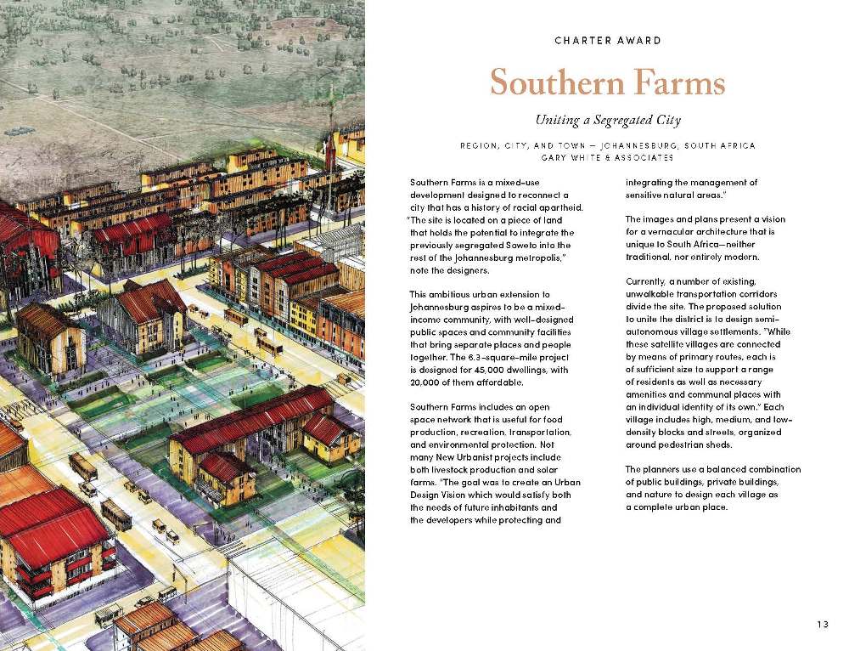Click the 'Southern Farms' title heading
click(607, 83)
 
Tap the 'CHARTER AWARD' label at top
click(607, 40)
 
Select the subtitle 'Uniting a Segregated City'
click(607, 121)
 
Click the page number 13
click(822, 625)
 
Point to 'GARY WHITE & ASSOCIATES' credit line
click(607, 157)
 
